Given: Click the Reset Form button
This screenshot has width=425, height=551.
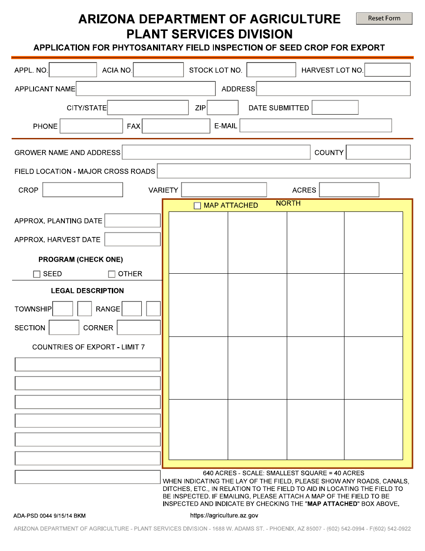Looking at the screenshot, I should pos(384,18).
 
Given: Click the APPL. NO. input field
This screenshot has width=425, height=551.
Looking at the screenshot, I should pos(73,70).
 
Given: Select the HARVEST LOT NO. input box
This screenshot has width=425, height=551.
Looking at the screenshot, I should pos(387,70).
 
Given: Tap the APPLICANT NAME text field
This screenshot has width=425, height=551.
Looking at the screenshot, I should pos(146,89).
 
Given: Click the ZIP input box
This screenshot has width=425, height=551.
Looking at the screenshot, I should pos(223,108).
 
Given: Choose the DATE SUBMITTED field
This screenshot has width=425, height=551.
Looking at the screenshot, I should pos(335,108).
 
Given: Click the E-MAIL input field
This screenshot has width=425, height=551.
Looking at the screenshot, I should pos(316,126).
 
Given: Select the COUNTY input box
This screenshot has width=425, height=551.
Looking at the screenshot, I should pos(378,152).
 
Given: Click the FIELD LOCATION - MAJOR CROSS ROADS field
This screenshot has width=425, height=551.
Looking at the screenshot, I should pos(284,171).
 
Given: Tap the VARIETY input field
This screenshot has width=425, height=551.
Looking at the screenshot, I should pos(224,190).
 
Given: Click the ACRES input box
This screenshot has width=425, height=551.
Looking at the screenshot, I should pos(349,190).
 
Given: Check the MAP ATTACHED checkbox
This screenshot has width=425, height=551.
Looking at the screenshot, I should pos(197,206).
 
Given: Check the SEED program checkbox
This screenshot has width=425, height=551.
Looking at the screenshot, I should pos(37,274).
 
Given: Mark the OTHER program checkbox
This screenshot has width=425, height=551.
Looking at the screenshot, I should pos(112,274).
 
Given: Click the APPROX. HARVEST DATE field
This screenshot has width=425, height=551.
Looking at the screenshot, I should pos(132,240).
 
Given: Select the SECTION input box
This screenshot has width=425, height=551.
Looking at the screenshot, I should pos(64,327).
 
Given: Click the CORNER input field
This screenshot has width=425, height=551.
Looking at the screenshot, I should pos(139,327).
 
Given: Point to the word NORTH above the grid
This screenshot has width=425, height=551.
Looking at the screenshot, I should pos(288,203).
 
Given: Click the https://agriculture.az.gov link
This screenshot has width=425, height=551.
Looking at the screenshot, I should pos(224,516).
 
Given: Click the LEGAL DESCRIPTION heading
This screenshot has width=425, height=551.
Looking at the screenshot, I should pos(87,291).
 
